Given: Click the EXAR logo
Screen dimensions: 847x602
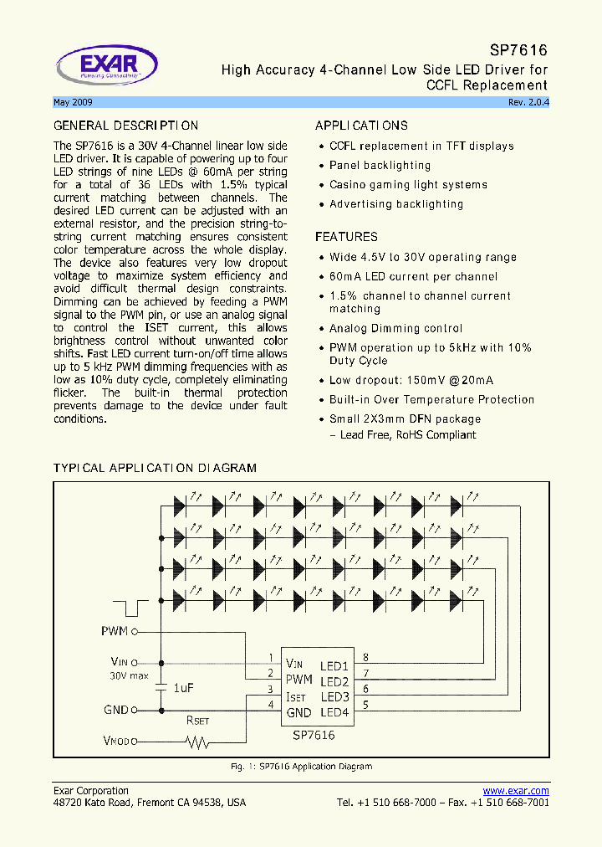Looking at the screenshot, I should coord(106,65).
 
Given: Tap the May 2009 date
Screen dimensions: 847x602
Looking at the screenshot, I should coord(73,102).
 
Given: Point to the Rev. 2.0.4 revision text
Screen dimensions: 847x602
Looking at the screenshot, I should coord(528,102).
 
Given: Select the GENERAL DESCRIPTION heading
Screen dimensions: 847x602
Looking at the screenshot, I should coord(125,126).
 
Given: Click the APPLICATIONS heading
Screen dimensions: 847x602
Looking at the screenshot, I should coord(361,126).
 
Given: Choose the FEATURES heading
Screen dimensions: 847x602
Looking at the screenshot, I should coord(346,237).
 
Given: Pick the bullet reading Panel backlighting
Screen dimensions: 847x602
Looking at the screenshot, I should coord(380,166).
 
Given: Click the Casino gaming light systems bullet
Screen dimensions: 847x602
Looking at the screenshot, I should coord(408,185).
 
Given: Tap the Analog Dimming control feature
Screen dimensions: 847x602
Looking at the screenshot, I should coord(395,328).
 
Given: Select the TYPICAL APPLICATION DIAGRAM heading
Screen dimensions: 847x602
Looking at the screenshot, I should coord(155,468).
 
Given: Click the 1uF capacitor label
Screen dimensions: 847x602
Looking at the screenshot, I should coord(183,687).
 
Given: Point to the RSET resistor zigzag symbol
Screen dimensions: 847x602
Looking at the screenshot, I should coord(198,742).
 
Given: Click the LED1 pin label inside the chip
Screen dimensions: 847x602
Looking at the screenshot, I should coord(334,666).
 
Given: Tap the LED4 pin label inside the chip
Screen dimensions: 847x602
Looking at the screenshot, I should coord(334,712).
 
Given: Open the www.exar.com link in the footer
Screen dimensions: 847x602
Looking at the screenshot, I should coord(516,791).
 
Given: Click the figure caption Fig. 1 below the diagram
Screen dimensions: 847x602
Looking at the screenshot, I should coord(301,767).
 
